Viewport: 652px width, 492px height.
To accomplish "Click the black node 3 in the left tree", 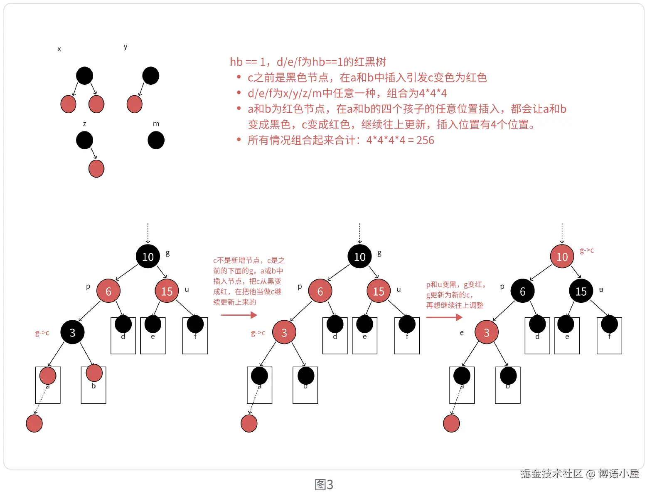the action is tap(72, 332).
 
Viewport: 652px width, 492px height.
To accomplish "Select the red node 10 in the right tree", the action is tap(562, 257).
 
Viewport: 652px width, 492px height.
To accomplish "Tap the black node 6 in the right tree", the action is tap(522, 291).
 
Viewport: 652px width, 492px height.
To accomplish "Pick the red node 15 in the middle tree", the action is tap(379, 291).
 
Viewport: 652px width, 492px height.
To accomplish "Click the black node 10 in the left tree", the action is tap(148, 257).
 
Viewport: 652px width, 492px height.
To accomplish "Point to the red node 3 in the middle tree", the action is tap(284, 332).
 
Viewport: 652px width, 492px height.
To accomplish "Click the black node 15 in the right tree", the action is tap(581, 291).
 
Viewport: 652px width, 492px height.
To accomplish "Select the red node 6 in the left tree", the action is tap(108, 291).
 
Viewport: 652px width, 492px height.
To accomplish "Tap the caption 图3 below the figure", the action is tap(324, 485).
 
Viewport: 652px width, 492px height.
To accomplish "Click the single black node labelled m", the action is tap(156, 140).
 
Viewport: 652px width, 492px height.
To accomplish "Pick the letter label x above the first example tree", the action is tap(59, 49).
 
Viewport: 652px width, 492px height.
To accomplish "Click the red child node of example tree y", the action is tap(134, 104).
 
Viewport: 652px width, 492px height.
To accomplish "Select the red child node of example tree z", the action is tap(96, 169).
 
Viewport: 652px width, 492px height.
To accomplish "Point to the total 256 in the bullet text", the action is tap(425, 140).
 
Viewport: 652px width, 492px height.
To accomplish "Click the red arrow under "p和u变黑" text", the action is tap(444, 317).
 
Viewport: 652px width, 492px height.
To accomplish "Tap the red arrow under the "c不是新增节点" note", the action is tap(239, 315).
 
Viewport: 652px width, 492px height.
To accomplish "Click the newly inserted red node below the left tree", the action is tap(34, 423).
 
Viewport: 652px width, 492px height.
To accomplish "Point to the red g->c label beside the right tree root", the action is tap(587, 250).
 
